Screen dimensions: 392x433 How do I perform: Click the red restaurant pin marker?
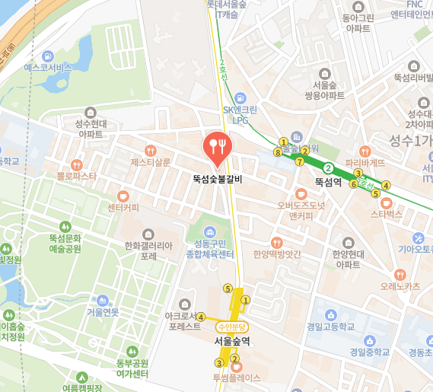point(217,148)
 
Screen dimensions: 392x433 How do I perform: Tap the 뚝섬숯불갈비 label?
point(217,180)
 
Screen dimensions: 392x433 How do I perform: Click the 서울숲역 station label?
point(232,341)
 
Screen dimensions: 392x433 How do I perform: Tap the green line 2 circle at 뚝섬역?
point(328,167)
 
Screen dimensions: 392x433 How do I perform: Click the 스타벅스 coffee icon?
point(386,202)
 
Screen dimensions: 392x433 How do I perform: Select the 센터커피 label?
point(123,206)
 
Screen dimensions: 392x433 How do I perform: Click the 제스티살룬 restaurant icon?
point(151,150)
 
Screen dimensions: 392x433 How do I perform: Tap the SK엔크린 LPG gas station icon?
point(240,97)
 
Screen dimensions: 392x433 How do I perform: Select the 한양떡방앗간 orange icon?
point(279,242)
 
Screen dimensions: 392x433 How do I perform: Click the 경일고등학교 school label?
point(331,327)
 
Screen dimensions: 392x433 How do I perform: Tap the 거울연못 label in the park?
point(103,312)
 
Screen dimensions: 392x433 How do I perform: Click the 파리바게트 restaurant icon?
point(365,150)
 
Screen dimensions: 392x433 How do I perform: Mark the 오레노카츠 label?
point(400,287)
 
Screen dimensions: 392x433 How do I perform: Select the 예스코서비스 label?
point(47,67)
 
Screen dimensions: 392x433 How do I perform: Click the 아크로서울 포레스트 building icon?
point(183,304)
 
